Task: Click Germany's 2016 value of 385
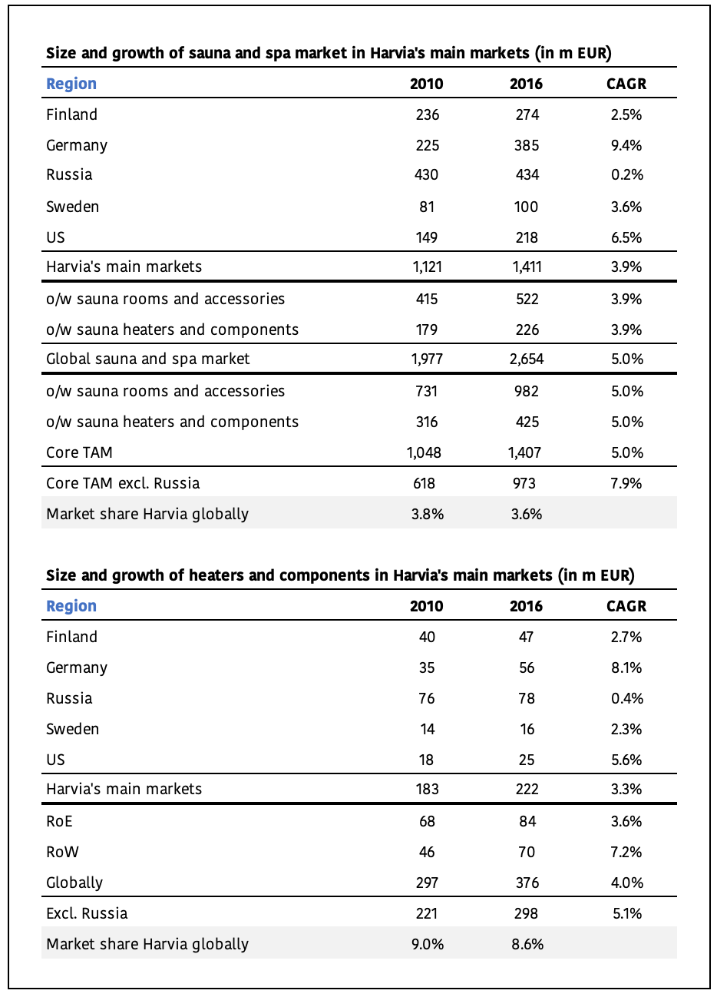pyautogui.click(x=526, y=145)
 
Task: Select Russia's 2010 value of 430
pyautogui.click(x=426, y=175)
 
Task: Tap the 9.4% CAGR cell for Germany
pyautogui.click(x=626, y=145)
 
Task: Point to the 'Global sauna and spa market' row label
pyautogui.click(x=147, y=359)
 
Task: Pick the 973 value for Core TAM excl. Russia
pyautogui.click(x=526, y=483)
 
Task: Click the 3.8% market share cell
pyautogui.click(x=427, y=514)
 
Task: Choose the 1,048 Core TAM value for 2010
pyautogui.click(x=424, y=452)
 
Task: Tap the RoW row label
pyautogui.click(x=62, y=852)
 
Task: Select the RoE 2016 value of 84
pyautogui.click(x=527, y=821)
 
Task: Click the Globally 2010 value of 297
pyautogui.click(x=426, y=883)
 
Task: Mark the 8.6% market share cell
pyautogui.click(x=527, y=944)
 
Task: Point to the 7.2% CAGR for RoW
pyautogui.click(x=626, y=852)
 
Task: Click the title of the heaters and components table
pyautogui.click(x=340, y=575)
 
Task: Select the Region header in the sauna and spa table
pyautogui.click(x=71, y=84)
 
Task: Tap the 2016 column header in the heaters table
pyautogui.click(x=526, y=606)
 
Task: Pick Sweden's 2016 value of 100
pyautogui.click(x=527, y=207)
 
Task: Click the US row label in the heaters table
pyautogui.click(x=55, y=760)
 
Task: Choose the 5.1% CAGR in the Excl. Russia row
pyautogui.click(x=626, y=913)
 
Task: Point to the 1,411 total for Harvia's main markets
pyautogui.click(x=526, y=267)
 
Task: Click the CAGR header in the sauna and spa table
pyautogui.click(x=626, y=84)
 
